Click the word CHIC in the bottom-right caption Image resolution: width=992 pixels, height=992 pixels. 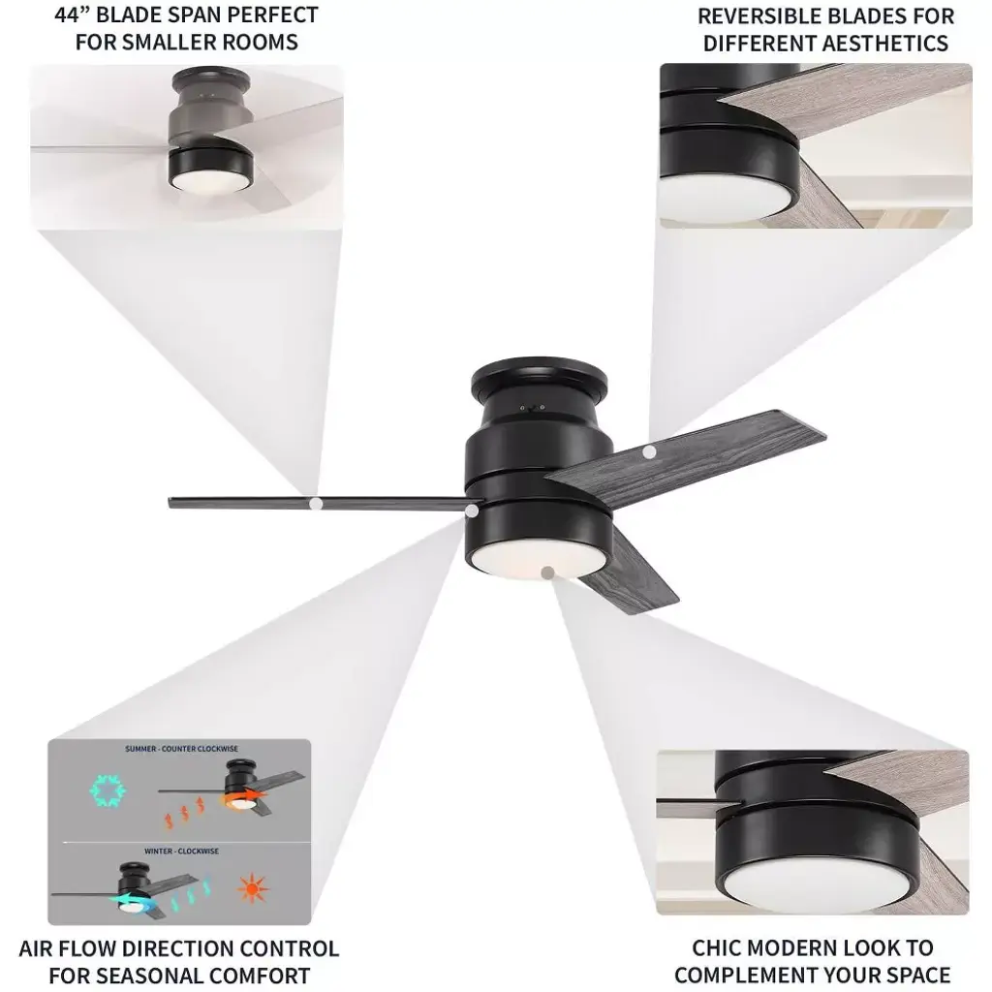pos(717,947)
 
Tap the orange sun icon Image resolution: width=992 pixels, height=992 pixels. pos(253,889)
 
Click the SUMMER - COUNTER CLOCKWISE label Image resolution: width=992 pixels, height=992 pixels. pos(181,749)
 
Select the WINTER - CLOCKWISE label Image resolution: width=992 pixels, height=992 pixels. pos(181,851)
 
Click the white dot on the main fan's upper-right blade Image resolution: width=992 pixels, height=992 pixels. pos(649,452)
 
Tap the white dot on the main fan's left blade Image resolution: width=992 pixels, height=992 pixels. pos(316,504)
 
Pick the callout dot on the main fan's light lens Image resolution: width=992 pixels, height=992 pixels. pos(548,573)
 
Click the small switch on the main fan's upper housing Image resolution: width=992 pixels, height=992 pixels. pos(533,408)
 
